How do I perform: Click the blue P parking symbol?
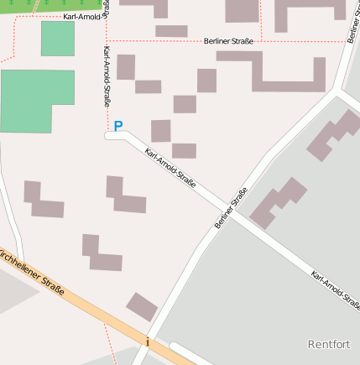coord(118,126)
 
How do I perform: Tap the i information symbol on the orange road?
coord(147,342)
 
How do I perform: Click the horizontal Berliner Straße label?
coord(228,40)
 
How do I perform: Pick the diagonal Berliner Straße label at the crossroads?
coord(231,208)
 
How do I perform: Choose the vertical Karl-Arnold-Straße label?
coord(106,76)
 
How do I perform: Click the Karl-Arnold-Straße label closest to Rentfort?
coord(336,289)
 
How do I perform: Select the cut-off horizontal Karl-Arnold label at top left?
coord(81,17)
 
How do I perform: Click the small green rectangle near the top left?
coord(57,39)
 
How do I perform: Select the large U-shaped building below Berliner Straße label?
coord(285,74)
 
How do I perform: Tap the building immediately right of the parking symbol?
coord(160,131)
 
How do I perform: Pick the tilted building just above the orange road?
coord(142,306)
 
